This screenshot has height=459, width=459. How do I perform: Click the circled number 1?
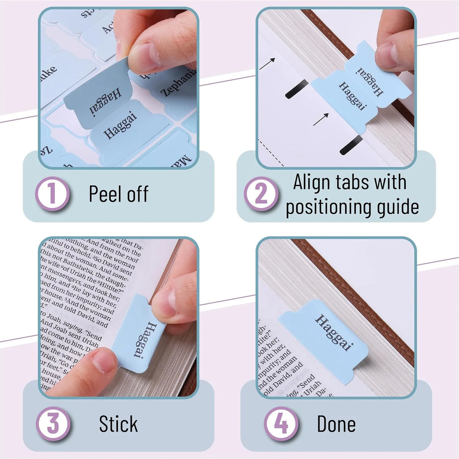(52, 194)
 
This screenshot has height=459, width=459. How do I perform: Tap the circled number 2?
(261, 194)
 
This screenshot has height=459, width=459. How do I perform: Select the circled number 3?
(52, 424)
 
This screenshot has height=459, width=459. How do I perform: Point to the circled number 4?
(281, 424)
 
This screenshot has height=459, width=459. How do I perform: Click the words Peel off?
(118, 194)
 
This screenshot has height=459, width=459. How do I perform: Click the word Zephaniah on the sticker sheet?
(178, 83)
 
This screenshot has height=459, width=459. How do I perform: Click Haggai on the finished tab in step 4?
(334, 332)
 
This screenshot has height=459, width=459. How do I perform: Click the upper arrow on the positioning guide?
(267, 63)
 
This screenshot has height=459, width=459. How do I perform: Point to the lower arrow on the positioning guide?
(320, 119)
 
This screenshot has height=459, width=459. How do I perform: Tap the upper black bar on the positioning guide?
(296, 89)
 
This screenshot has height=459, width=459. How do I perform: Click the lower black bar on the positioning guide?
(351, 145)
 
